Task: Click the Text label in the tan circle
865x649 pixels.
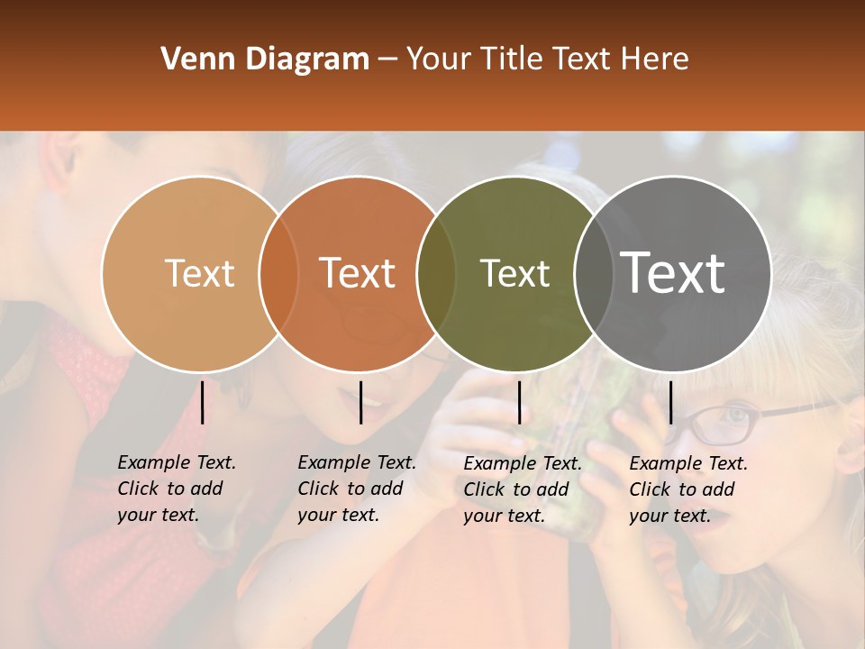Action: coord(199,273)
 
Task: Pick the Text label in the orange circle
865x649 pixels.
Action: coord(358,273)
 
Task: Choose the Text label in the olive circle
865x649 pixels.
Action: coord(514,273)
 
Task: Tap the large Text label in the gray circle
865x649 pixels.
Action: coord(673,273)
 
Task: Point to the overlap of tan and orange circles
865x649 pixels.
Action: coord(278,273)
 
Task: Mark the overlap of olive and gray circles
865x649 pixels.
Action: coord(594,273)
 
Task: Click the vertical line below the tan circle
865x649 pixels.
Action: coord(203,402)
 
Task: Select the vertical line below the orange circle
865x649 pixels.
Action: coord(360,402)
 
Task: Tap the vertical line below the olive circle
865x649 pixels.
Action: coord(519,402)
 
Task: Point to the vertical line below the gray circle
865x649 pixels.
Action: coord(670,402)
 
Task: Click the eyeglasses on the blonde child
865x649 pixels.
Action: coord(721,424)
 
